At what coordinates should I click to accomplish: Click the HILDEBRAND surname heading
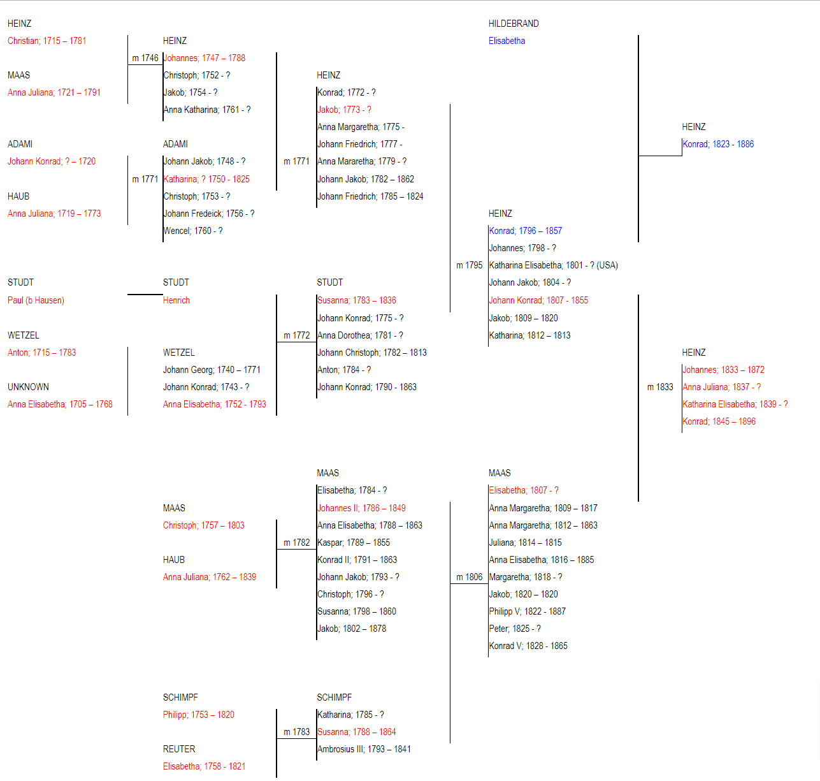[x=514, y=24]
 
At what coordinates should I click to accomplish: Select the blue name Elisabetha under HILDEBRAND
[x=507, y=41]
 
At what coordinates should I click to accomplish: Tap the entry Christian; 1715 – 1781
[x=47, y=41]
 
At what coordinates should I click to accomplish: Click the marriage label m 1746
[x=145, y=58]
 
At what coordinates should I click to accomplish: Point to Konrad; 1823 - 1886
[x=718, y=144]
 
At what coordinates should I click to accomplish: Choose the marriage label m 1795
[x=469, y=265]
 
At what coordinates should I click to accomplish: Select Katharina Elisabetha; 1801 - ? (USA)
[x=554, y=265]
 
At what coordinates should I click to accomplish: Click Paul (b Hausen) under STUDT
[x=36, y=300]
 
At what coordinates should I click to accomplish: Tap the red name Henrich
[x=176, y=300]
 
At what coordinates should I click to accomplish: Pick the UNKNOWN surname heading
[x=28, y=387]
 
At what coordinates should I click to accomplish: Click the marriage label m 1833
[x=660, y=387]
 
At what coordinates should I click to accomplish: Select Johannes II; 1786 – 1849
[x=362, y=508]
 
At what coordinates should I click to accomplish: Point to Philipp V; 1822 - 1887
[x=528, y=611]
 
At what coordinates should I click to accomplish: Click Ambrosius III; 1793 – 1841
[x=364, y=749]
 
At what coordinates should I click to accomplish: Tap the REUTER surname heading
[x=179, y=749]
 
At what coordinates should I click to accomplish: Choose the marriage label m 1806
[x=469, y=577]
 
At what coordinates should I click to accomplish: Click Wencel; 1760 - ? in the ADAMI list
[x=193, y=231]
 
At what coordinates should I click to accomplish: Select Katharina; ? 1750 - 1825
[x=206, y=179]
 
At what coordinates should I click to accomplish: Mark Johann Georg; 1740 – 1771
[x=212, y=370]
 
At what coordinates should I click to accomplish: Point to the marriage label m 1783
[x=296, y=732]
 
